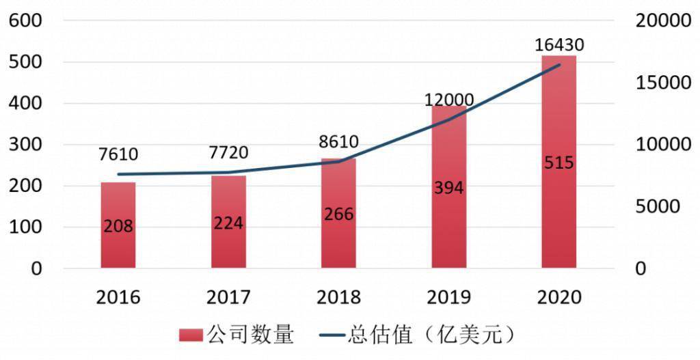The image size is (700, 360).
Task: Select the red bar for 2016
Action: click(118, 225)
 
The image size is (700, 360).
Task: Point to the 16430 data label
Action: click(559, 46)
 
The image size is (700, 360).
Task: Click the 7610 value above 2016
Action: click(118, 154)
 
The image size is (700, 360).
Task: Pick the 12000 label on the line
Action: click(449, 100)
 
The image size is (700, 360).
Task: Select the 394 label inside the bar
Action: click(448, 188)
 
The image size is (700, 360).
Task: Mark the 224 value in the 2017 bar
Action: click(228, 223)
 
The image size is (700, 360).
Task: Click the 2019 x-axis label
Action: click(448, 297)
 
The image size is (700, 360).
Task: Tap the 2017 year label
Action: click(228, 297)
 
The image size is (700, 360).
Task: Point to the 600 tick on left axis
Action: click(26, 20)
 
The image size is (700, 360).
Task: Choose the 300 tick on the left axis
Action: click(26, 145)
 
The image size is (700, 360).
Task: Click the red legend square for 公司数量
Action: click(191, 335)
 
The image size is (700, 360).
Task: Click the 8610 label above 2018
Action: click(338, 142)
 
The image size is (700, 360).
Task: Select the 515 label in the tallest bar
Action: click(558, 163)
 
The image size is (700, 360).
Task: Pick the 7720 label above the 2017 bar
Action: click(228, 152)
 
